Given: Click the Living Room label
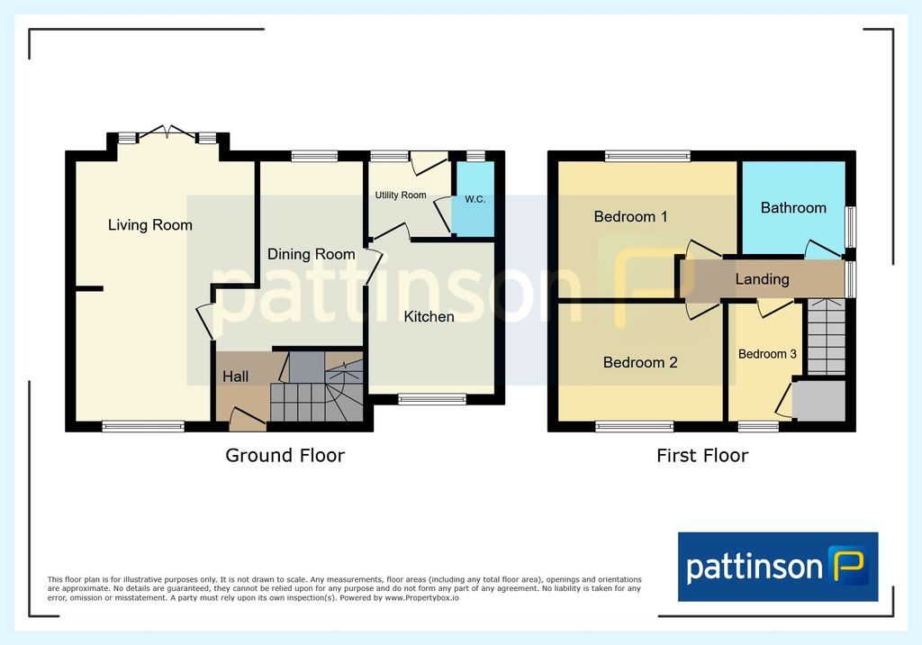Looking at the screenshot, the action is [150, 225].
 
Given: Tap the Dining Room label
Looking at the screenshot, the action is [311, 254].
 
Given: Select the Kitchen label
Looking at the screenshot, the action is [429, 316].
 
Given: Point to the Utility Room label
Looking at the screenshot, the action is [401, 195].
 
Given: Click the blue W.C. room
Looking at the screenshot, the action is [473, 199].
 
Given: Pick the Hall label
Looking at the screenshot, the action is [235, 377].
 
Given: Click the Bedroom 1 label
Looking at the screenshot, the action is [630, 216].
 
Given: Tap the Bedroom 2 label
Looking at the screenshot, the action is [640, 362].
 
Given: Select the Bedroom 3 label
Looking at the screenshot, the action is [767, 354].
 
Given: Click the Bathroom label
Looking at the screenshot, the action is [793, 208].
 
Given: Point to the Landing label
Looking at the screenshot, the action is [762, 279].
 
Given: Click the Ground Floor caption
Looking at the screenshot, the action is [285, 456].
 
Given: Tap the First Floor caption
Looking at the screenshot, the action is [702, 456].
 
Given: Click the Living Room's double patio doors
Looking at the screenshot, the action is [167, 132].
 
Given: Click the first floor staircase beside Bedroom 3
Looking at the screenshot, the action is [827, 336].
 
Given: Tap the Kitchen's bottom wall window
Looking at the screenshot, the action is [432, 399].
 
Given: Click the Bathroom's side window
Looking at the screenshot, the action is [850, 227].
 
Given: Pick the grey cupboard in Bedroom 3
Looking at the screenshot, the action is [818, 401].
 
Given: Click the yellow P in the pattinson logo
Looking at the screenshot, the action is [848, 565].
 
